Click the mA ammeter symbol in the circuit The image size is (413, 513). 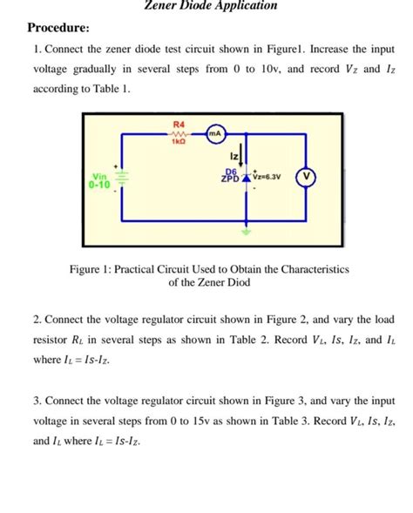point(214,133)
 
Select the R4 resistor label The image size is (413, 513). point(179,125)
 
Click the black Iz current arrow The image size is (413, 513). point(247,157)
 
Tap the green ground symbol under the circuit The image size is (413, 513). point(247,233)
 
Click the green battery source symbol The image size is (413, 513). point(122,178)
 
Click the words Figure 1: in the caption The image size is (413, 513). point(90,269)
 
